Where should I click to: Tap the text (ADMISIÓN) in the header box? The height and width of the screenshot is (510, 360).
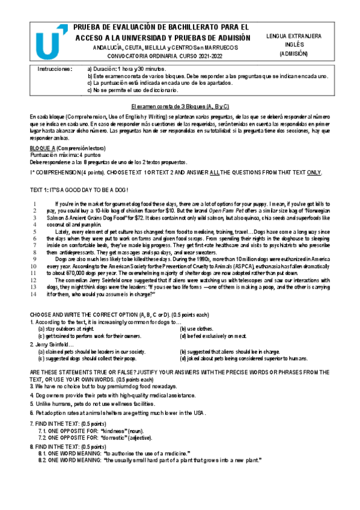point(293,54)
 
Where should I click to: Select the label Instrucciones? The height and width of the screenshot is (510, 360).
point(55,69)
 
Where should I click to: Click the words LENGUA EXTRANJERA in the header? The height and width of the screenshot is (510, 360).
point(293,36)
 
